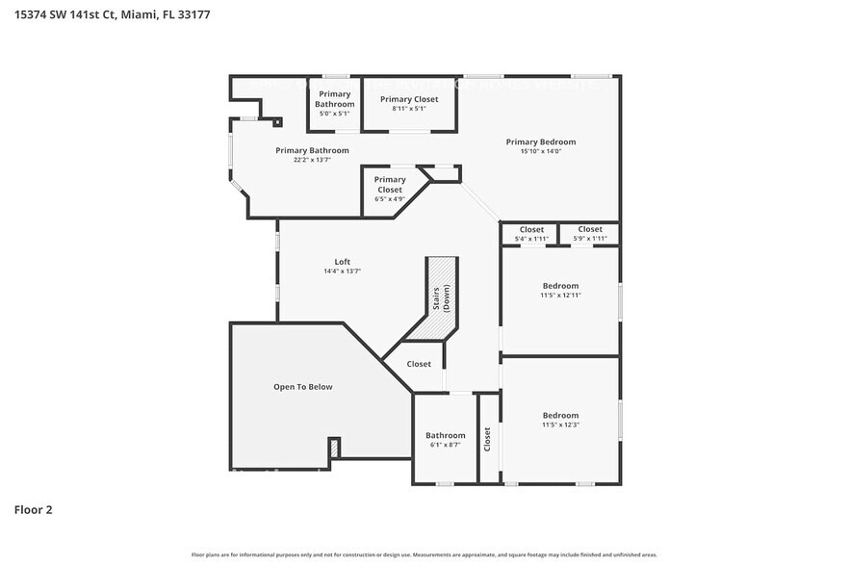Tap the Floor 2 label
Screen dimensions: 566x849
tap(33, 509)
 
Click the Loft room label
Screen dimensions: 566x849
tap(342, 262)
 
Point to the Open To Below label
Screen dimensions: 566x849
tap(302, 387)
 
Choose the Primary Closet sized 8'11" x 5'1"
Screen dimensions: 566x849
tap(408, 100)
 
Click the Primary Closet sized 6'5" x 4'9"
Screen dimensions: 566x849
tap(389, 185)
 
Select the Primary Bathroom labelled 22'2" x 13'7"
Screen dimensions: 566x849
tap(312, 151)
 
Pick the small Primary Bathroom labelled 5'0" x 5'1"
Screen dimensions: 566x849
tap(335, 99)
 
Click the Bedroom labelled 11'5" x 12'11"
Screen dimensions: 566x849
tap(560, 286)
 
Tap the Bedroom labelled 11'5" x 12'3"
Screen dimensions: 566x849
tap(560, 416)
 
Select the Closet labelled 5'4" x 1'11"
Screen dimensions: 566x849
tap(531, 230)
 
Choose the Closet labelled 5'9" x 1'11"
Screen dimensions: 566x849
tap(589, 230)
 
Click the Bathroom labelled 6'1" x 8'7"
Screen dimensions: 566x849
tap(445, 436)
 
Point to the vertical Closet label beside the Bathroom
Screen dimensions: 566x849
tap(487, 440)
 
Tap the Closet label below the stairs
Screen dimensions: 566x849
tap(419, 364)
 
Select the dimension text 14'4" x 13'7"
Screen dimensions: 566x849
tap(342, 271)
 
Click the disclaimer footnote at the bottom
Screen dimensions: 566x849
tap(424, 555)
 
